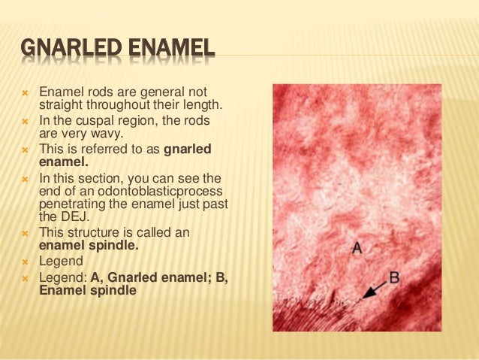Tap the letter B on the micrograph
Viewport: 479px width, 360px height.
coord(395,278)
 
